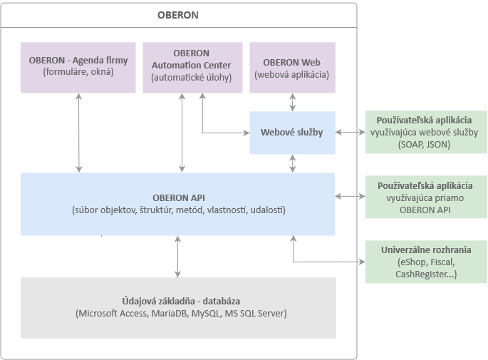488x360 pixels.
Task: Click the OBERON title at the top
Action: click(178, 15)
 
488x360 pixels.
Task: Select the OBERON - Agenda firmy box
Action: click(78, 67)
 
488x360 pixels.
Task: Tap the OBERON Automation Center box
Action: click(191, 67)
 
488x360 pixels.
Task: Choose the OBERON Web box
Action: click(292, 67)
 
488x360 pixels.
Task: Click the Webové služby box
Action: click(292, 133)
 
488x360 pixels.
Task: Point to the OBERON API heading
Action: click(178, 197)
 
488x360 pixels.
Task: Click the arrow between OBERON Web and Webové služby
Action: click(292, 102)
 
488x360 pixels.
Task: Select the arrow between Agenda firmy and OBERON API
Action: click(78, 133)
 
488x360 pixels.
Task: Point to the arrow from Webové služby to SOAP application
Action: click(350, 133)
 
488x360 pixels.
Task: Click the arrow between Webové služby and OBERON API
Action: click(292, 164)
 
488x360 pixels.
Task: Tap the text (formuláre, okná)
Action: click(78, 73)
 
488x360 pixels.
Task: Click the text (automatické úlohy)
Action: click(191, 78)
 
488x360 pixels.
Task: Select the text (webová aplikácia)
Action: click(292, 73)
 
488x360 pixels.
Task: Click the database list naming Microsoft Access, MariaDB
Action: click(178, 314)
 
